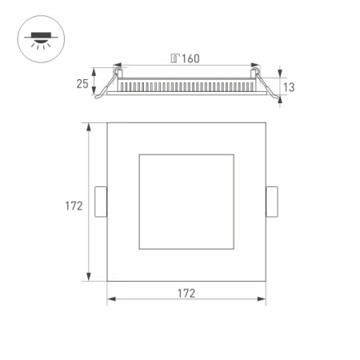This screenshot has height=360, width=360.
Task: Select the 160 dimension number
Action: [x=190, y=58]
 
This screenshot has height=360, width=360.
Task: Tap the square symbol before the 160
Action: [x=174, y=58]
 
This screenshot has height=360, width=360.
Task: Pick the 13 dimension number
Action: [x=289, y=86]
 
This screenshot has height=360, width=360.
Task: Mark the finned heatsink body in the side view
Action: [x=186, y=83]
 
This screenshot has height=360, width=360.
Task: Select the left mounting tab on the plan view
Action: [x=101, y=202]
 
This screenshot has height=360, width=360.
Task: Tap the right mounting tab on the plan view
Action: [x=272, y=202]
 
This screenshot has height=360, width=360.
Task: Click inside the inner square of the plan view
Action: [x=186, y=202]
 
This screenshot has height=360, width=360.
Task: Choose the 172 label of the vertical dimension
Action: [x=74, y=206]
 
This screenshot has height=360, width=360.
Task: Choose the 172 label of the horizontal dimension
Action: [x=186, y=294]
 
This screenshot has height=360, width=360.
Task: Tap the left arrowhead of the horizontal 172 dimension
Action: [x=110, y=301]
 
